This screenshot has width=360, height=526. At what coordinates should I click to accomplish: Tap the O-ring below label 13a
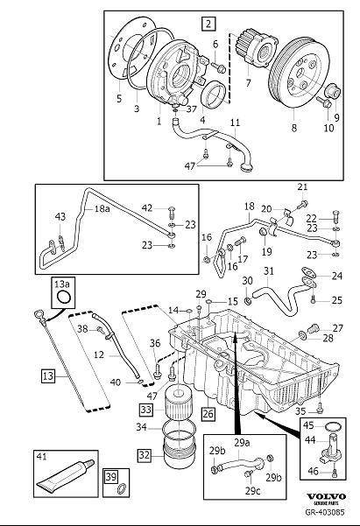(x=63, y=299)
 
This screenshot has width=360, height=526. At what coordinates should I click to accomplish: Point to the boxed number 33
(x=146, y=409)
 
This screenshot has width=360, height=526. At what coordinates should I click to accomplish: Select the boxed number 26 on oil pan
(x=207, y=411)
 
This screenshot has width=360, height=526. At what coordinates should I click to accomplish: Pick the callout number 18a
(x=103, y=210)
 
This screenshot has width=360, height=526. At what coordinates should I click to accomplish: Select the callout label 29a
(x=240, y=444)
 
